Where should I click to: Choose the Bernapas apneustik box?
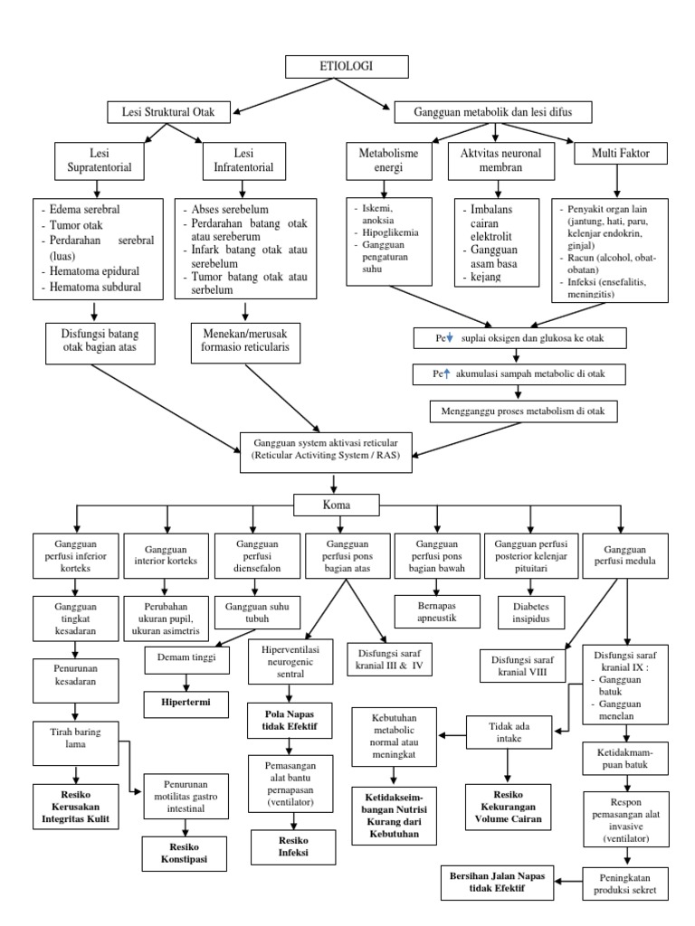[x=437, y=606]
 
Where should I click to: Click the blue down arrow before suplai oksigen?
[x=451, y=339]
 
